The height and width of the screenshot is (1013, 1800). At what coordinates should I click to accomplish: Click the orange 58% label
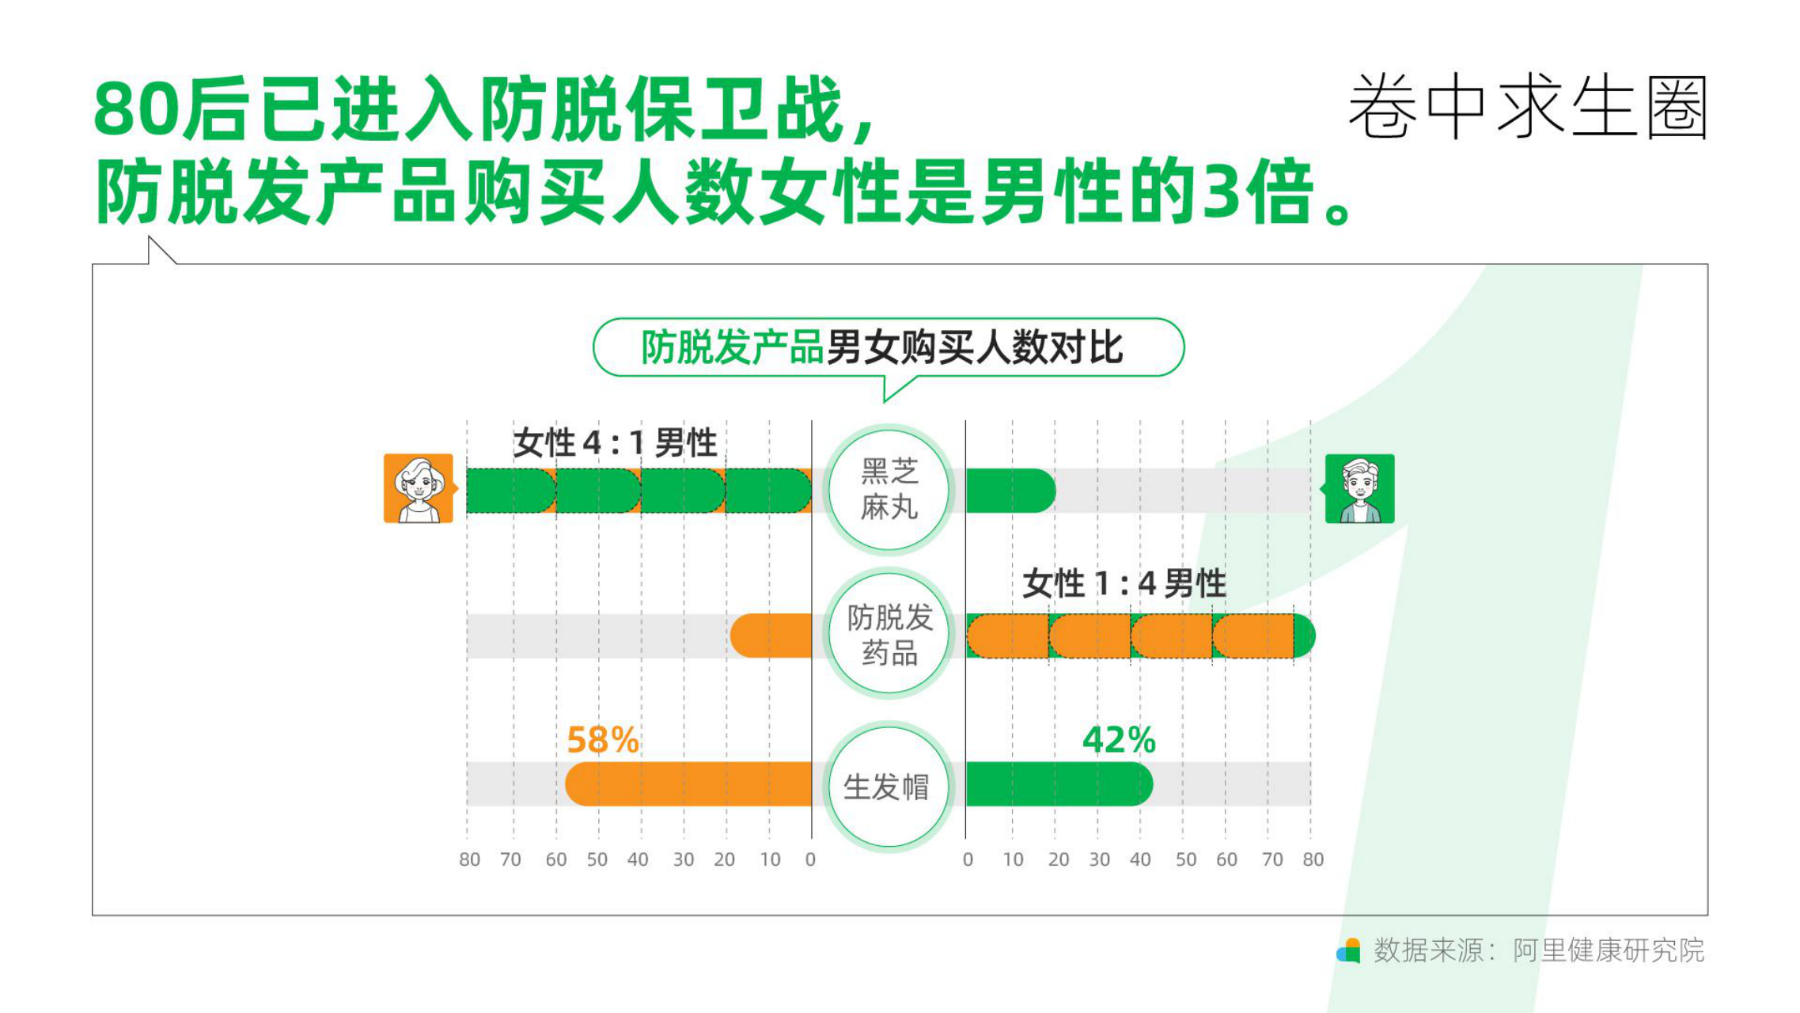pyautogui.click(x=603, y=741)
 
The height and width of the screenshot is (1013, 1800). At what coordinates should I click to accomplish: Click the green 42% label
pyautogui.click(x=1119, y=741)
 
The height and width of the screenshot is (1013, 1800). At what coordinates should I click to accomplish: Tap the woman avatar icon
pyautogui.click(x=419, y=488)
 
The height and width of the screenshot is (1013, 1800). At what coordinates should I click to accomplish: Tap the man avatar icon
pyautogui.click(x=1360, y=488)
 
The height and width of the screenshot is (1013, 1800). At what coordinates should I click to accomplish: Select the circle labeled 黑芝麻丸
pyautogui.click(x=889, y=490)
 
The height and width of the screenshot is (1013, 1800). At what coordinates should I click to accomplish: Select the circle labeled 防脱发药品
pyautogui.click(x=889, y=634)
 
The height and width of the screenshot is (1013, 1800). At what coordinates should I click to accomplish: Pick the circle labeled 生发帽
pyautogui.click(x=889, y=787)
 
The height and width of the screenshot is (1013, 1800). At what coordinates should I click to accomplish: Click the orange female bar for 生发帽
pyautogui.click(x=688, y=784)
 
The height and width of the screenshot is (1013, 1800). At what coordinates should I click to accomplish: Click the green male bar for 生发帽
pyautogui.click(x=1059, y=784)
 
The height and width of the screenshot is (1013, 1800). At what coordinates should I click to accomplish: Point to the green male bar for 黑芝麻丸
pyautogui.click(x=1011, y=491)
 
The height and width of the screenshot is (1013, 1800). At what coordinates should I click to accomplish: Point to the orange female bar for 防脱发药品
pyautogui.click(x=771, y=635)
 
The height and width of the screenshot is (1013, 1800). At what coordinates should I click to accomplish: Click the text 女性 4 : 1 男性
pyautogui.click(x=615, y=442)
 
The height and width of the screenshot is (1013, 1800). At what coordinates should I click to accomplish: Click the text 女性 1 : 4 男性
pyautogui.click(x=1124, y=584)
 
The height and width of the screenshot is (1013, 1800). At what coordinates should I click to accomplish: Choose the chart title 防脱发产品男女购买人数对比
pyautogui.click(x=881, y=347)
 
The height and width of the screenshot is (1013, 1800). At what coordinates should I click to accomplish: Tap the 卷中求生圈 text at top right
pyautogui.click(x=1528, y=108)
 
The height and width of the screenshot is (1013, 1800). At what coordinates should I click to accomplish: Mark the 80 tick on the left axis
pyautogui.click(x=469, y=859)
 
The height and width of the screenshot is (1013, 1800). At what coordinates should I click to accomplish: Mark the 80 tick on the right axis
pyautogui.click(x=1313, y=859)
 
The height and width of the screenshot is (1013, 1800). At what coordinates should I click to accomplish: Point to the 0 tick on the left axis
pyautogui.click(x=810, y=859)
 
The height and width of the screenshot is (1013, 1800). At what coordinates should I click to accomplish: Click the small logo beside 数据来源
pyautogui.click(x=1348, y=950)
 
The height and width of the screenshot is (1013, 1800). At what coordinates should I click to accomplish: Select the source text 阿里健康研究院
pyautogui.click(x=1609, y=950)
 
